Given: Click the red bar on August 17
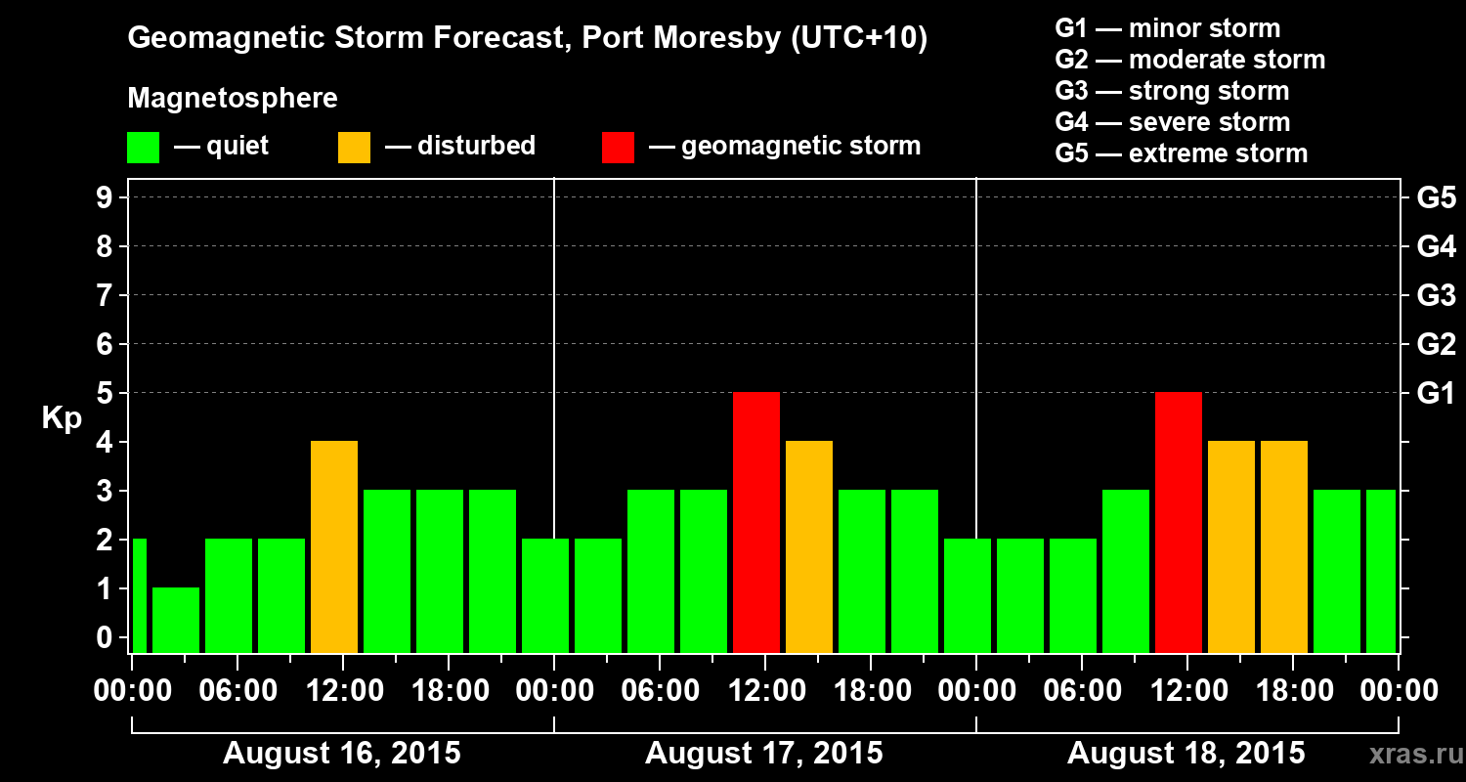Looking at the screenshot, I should (756, 522).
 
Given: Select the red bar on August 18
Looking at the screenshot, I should (1179, 522).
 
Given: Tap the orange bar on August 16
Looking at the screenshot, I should (334, 546).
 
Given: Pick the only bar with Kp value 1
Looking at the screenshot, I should (176, 620).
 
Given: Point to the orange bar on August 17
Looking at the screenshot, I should (809, 546).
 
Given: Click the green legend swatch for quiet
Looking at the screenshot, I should (143, 148).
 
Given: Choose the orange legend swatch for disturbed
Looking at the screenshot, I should (354, 148).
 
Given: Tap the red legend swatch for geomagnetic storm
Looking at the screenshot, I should (618, 148).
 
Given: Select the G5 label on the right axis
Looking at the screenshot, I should (1436, 198).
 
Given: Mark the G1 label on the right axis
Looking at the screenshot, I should (1436, 394).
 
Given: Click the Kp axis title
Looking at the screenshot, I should (62, 418).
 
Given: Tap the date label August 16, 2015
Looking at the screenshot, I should (342, 754).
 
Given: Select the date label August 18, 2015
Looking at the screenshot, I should (1186, 754).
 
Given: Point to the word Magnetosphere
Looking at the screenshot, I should (233, 99).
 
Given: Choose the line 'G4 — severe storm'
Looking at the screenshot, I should (1173, 122).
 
